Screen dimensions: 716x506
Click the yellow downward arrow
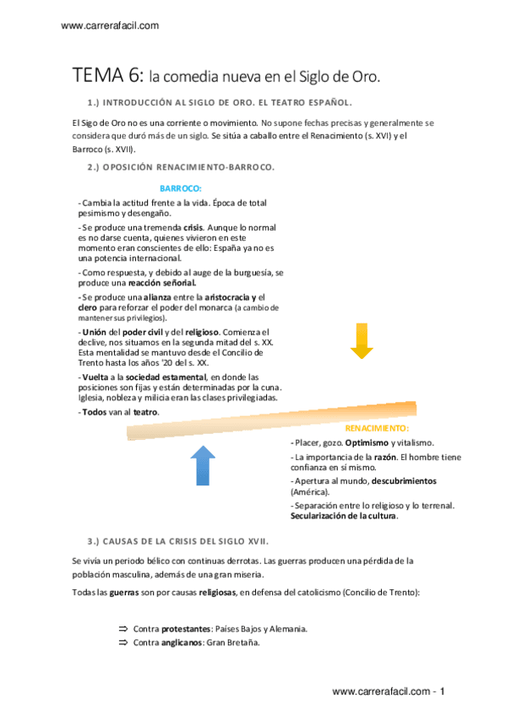coord(362,340)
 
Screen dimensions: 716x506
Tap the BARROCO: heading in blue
coord(181,188)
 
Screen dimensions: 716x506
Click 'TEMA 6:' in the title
coord(107,76)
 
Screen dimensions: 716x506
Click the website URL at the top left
coord(111,26)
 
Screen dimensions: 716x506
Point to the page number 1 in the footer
coord(442,692)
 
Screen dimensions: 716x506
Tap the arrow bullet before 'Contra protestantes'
coord(122,629)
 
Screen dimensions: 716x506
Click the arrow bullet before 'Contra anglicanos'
coord(122,643)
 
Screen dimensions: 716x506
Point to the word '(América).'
coord(310,491)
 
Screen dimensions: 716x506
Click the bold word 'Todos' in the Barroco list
coord(94,412)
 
